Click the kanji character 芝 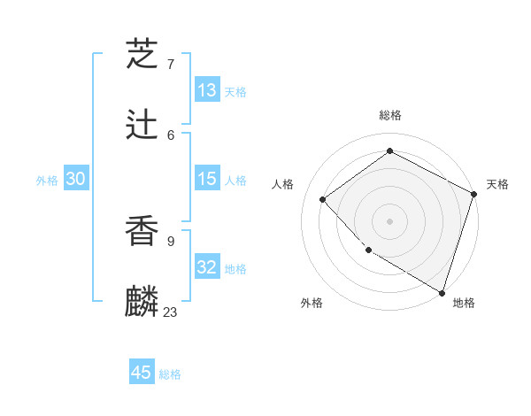coord(142,55)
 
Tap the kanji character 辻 coord(142,125)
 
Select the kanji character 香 coord(142,230)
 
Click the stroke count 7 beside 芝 coord(170,65)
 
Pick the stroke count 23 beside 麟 coord(170,312)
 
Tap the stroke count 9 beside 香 coord(170,240)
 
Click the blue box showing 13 coord(207,90)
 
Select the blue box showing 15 coord(207,179)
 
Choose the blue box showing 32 coord(207,267)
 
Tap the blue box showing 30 coord(76,179)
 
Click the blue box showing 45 coord(142,373)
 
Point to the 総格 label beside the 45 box coord(170,374)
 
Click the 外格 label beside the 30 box coord(47,181)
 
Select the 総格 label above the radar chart coord(389,115)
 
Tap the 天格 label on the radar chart coord(497,184)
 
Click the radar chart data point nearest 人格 coord(323,199)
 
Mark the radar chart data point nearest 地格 coord(442,292)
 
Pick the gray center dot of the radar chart coord(389,220)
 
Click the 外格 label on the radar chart coord(312,304)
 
